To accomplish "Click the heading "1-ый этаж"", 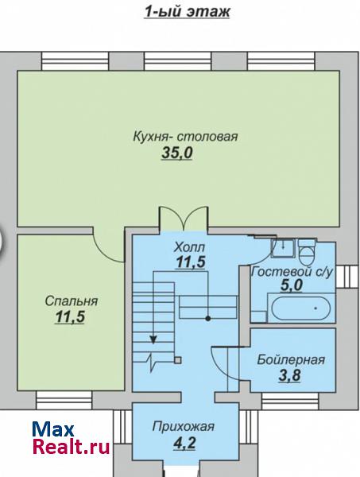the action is [187, 12].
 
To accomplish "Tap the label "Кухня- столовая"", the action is [185, 137].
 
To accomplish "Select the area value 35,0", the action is [177, 153].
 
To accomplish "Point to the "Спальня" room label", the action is [72, 301].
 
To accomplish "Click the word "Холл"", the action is [190, 247].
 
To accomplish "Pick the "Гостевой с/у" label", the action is [292, 272].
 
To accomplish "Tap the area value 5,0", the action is [291, 285].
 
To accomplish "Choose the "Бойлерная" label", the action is [291, 360].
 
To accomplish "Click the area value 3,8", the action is [289, 374].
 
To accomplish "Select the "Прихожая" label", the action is [184, 426].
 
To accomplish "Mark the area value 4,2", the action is [184, 443].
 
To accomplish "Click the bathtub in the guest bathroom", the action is [300, 308].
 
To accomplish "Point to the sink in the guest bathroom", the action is [283, 247].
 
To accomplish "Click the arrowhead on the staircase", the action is [153, 339].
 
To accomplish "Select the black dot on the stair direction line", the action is [208, 319].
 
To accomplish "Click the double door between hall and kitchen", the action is [184, 218].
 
